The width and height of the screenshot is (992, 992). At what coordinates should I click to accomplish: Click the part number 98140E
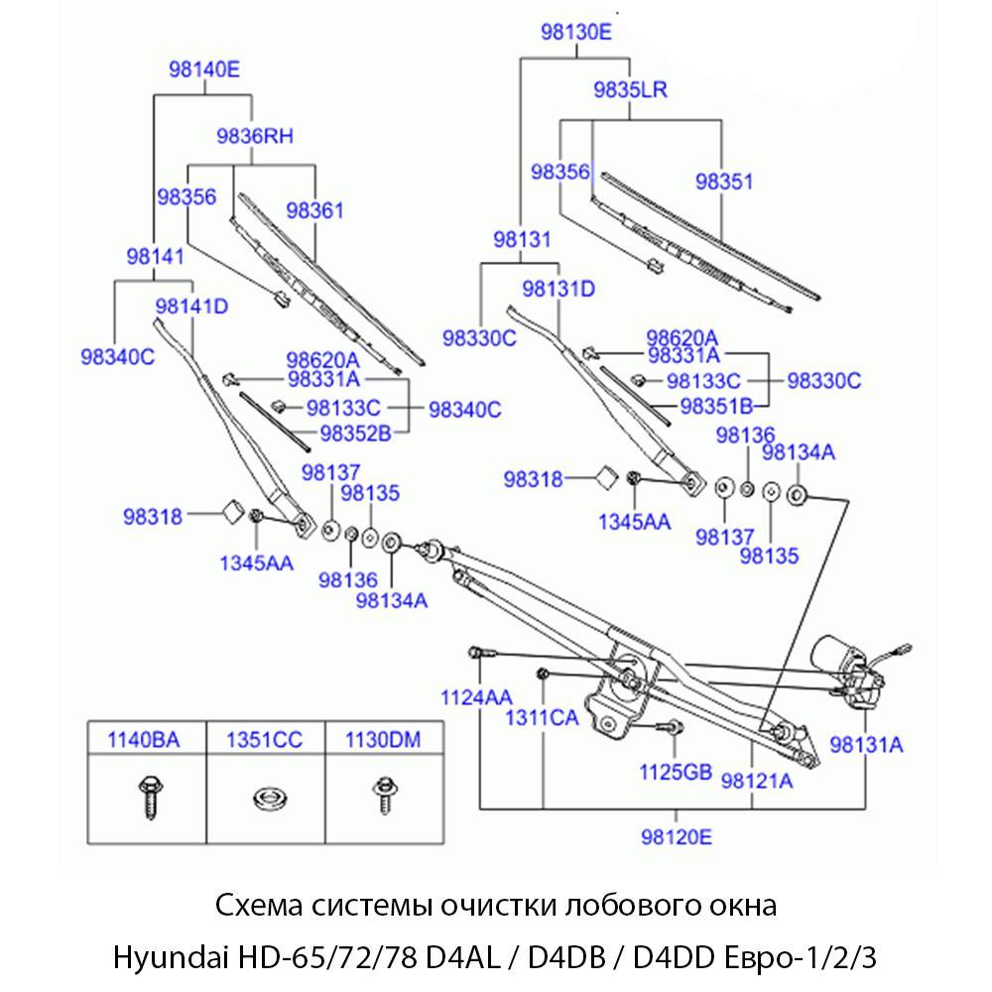click(204, 69)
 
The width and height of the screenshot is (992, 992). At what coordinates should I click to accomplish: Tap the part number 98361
click(314, 210)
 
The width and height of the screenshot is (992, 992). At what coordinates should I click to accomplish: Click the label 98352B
click(355, 432)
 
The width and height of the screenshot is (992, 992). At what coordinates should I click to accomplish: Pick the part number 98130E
click(576, 32)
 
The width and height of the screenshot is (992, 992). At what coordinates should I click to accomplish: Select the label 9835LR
click(630, 89)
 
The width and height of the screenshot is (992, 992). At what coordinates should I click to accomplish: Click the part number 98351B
click(717, 405)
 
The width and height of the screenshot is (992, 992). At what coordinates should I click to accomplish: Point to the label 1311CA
click(543, 717)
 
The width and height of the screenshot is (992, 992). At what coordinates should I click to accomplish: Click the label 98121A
click(757, 781)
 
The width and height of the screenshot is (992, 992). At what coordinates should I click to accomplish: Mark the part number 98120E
click(677, 835)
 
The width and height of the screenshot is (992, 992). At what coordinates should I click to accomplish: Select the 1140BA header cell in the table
click(147, 739)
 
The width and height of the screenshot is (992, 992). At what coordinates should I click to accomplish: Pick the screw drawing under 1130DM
click(382, 796)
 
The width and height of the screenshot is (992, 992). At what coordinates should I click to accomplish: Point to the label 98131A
click(867, 744)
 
